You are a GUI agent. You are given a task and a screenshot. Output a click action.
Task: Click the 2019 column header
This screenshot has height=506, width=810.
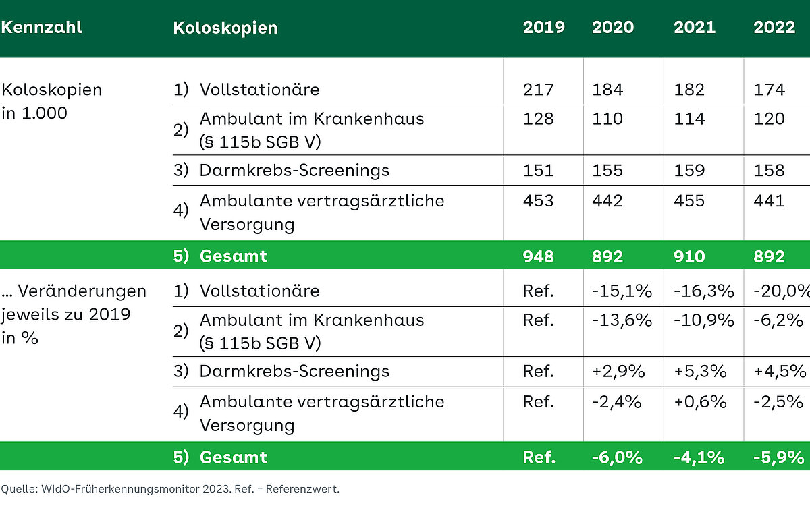[543, 28]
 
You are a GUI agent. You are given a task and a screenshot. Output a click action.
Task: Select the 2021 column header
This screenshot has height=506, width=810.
[695, 28]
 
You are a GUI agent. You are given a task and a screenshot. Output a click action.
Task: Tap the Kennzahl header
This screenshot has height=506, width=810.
[41, 28]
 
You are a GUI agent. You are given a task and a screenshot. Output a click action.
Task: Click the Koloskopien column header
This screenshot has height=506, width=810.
[225, 28]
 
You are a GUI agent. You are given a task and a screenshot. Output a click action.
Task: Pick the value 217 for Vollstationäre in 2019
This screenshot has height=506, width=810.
[538, 90]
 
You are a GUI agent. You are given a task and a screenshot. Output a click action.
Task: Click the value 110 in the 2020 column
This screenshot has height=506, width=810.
[607, 119]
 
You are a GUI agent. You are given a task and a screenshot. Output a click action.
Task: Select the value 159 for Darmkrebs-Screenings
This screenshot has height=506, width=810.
[688, 170]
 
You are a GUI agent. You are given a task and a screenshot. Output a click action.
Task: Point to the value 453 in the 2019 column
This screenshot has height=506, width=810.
[538, 200]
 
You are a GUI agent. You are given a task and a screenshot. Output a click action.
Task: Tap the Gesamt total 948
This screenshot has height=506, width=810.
[538, 256]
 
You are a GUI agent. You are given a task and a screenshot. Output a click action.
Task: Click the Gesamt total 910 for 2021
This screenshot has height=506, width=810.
[688, 256]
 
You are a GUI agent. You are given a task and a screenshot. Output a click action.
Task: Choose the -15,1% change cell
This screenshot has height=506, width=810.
[622, 291]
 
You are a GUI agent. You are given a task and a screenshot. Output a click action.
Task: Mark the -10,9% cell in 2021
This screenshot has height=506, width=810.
[703, 320]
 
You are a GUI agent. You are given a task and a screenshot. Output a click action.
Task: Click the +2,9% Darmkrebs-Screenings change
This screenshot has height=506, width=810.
[618, 372]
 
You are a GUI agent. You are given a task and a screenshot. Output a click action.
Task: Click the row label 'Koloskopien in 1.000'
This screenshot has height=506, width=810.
[51, 101]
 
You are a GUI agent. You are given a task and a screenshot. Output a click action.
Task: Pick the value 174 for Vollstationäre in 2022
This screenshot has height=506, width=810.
[769, 90]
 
